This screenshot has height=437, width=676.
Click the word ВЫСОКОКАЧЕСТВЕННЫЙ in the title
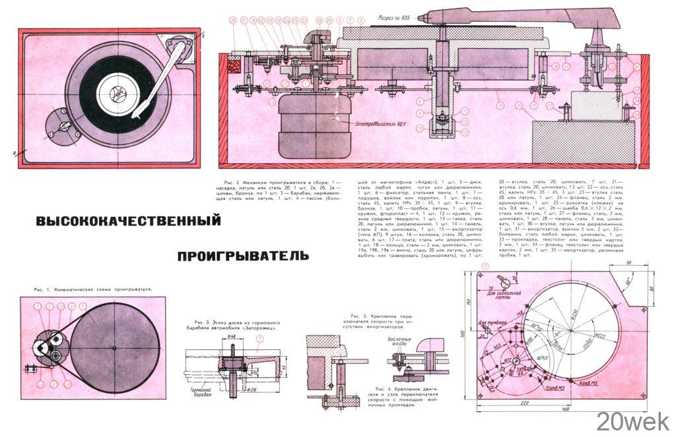click(127, 221)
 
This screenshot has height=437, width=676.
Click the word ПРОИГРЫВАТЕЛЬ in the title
click(242, 254)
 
